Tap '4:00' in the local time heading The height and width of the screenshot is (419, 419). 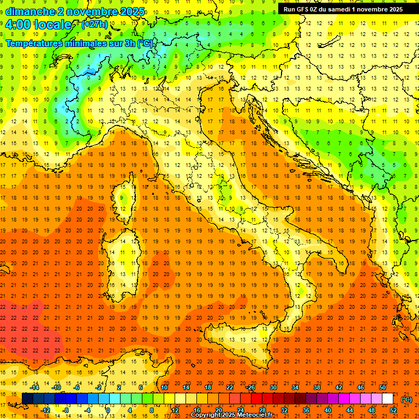(x=18, y=25)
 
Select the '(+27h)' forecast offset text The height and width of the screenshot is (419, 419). (x=94, y=25)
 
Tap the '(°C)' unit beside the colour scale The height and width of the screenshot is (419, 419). (x=406, y=399)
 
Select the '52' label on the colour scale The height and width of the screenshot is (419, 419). (x=393, y=410)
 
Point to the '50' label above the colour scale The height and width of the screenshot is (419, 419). (x=382, y=387)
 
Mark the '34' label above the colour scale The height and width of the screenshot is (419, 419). (x=295, y=387)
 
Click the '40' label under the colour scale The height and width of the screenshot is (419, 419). (x=327, y=410)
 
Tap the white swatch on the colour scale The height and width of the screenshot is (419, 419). (x=387, y=399)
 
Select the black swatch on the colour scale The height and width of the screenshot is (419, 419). (x=27, y=399)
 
